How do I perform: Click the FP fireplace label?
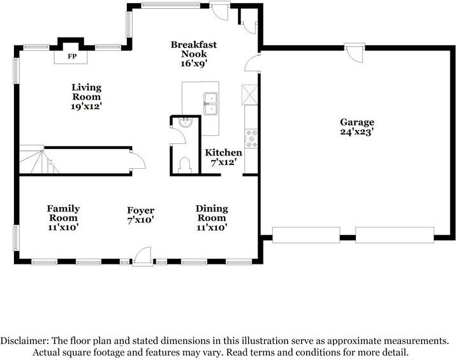point(72,56)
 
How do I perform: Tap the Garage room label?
point(357,122)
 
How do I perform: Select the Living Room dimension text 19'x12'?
point(86,106)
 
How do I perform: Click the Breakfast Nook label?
point(194,49)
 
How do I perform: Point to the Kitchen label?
point(223,152)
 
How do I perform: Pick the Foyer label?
point(140,210)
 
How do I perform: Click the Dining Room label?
point(212,213)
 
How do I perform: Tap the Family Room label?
point(63,213)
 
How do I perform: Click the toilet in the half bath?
point(185,165)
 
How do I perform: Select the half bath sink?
point(185,122)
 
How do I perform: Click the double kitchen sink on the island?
point(210,103)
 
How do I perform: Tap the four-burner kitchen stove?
point(251,139)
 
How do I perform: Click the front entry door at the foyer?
point(142,256)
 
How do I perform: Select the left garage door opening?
point(306,235)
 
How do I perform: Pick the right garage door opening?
point(395,235)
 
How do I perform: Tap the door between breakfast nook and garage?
point(252,62)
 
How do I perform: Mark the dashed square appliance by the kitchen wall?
point(250,95)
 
